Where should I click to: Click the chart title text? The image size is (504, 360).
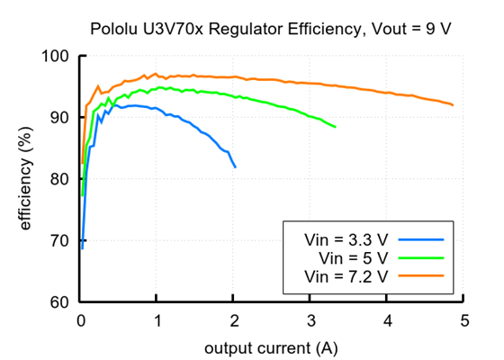pos(270,29)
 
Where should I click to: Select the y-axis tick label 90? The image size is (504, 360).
pos(60,118)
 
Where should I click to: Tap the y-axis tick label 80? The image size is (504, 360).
pos(60,179)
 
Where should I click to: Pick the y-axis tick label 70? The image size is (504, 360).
pos(60,240)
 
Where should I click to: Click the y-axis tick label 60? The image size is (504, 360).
pos(60,301)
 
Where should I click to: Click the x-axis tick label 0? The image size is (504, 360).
pos(81,319)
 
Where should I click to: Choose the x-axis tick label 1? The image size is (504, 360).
pos(157,319)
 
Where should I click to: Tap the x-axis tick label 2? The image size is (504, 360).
pos(234,319)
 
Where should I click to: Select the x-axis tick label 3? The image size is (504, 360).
pos(310,319)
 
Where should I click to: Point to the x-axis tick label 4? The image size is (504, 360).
pos(387,319)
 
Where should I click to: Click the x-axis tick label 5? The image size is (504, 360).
pos(463,319)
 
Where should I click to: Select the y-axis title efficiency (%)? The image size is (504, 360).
pos(26,178)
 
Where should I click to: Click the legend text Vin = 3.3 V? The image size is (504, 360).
pos(346,240)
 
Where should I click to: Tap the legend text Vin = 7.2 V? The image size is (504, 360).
pos(346,276)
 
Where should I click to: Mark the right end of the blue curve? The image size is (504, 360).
pos(236,167)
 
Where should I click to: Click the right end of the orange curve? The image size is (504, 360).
pos(453,105)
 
